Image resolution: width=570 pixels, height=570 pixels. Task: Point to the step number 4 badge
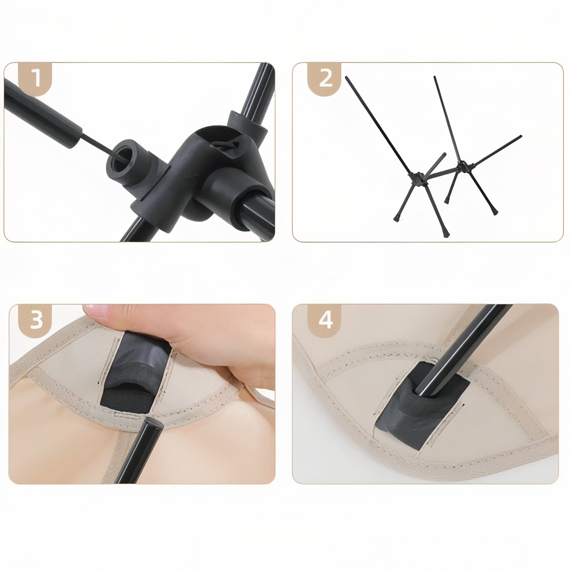click(x=325, y=320)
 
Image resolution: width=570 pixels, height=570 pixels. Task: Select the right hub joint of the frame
click(x=462, y=166)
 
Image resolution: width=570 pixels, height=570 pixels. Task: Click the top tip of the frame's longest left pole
click(x=347, y=78)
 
